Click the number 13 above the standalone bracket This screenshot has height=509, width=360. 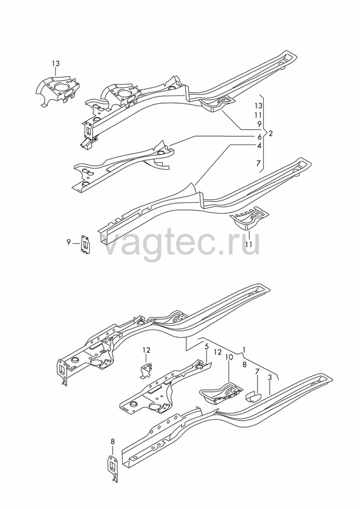tap(55, 63)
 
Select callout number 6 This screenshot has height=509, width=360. tap(260, 137)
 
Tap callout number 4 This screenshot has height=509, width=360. tap(259, 146)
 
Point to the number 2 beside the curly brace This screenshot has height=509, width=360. tap(271, 134)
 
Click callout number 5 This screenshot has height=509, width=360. tap(207, 347)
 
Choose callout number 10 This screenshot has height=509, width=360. tap(229, 358)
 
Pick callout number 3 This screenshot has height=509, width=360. tap(270, 377)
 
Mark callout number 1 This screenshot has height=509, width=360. tap(244, 349)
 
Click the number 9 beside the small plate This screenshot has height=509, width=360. tap(69, 242)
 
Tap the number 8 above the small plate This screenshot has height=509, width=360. tap(113, 442)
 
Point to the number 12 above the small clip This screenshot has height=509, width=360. tap(146, 351)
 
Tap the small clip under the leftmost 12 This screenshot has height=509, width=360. tap(146, 370)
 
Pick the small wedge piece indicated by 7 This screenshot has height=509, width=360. tap(253, 397)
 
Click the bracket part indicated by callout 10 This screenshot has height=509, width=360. tap(221, 393)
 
